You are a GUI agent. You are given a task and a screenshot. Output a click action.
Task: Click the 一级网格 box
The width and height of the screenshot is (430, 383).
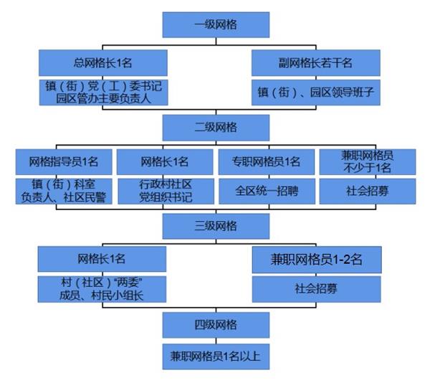tap(216, 25)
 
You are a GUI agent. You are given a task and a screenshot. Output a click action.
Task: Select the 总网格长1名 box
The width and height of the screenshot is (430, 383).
tap(103, 62)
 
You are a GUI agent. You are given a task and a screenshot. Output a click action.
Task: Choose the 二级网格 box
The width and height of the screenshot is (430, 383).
tap(216, 128)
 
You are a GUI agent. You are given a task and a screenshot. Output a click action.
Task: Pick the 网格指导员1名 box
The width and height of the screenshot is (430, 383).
tap(64, 161)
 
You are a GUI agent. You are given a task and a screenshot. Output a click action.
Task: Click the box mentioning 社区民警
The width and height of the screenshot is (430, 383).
tap(64, 190)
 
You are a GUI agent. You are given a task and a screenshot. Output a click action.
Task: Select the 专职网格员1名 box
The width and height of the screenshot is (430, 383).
tap(266, 161)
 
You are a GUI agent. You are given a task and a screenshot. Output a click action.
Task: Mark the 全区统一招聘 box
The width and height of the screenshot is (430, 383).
tap(266, 190)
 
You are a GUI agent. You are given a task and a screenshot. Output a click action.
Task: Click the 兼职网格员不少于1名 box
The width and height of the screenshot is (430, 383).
tap(366, 161)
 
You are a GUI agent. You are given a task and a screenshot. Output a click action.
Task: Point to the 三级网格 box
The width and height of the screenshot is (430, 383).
tap(216, 226)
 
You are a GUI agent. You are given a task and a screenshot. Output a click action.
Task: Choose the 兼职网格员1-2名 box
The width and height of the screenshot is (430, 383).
tap(316, 260)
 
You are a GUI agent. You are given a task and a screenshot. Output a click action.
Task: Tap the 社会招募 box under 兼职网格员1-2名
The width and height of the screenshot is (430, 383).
tap(316, 290)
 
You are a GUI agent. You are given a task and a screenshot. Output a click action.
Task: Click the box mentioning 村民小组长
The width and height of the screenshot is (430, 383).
tap(102, 288)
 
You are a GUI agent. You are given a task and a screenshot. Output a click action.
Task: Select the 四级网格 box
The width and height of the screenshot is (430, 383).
tap(216, 324)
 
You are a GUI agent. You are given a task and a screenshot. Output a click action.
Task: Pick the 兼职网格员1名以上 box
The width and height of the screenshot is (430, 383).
tap(216, 355)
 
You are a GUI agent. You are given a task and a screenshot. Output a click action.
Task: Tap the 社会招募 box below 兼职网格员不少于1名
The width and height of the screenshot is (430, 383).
tap(366, 190)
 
